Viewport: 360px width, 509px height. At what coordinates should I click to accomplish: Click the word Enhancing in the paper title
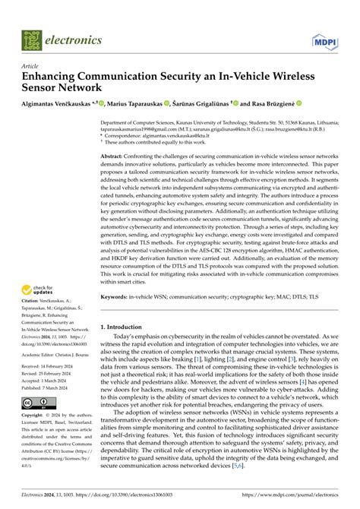pyautogui.click(x=52, y=77)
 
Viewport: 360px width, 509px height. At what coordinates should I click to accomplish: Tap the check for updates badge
pyautogui.click(x=38, y=289)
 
